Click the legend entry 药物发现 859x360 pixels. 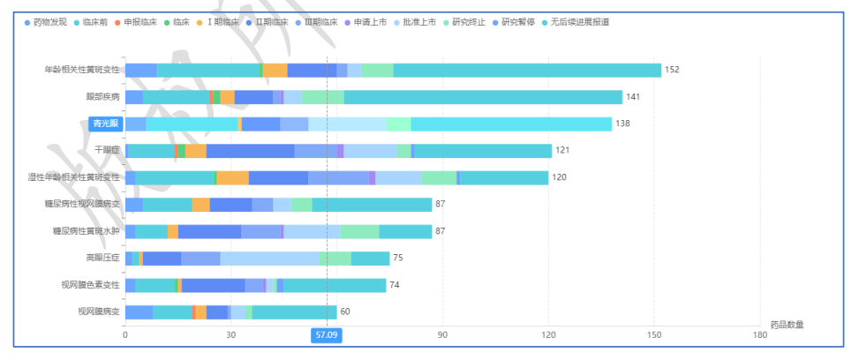[49, 21]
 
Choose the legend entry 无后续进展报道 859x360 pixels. [579, 21]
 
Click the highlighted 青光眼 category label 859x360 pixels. [105, 124]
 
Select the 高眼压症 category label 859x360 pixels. [102, 258]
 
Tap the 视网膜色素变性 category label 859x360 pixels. [96, 285]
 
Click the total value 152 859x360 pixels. [672, 71]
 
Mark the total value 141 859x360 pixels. [633, 97]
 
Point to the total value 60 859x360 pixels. [345, 311]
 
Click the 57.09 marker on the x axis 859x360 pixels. [327, 335]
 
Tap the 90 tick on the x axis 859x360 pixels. [442, 335]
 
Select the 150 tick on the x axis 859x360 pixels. [654, 335]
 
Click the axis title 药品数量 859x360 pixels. [786, 325]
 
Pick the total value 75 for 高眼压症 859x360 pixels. [398, 258]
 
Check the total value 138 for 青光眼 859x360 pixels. [622, 124]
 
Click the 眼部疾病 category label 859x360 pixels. [102, 97]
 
